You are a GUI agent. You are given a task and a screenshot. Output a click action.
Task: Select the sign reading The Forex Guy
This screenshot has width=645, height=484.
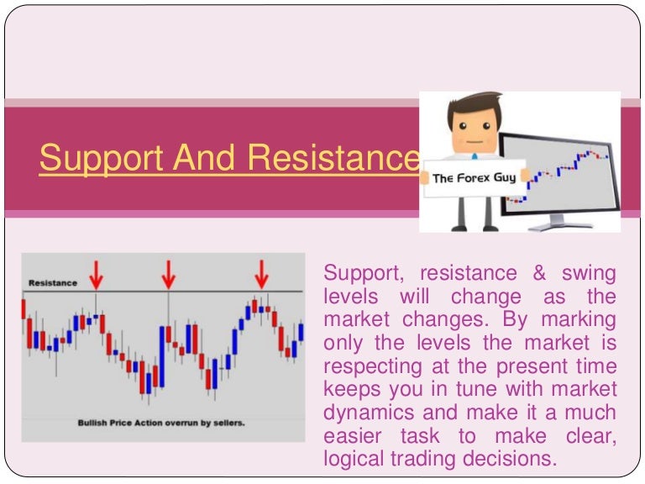(x=474, y=177)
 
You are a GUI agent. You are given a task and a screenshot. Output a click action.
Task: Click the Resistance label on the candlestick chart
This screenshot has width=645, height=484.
(x=52, y=283)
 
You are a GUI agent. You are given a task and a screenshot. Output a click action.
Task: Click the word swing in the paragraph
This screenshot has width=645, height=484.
(x=590, y=273)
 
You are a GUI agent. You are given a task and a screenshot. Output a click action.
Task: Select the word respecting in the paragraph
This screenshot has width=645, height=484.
(x=370, y=367)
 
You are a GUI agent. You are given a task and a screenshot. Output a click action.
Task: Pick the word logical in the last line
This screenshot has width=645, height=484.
(x=353, y=460)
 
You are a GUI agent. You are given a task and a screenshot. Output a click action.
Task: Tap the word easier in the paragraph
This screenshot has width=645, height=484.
(x=354, y=436)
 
